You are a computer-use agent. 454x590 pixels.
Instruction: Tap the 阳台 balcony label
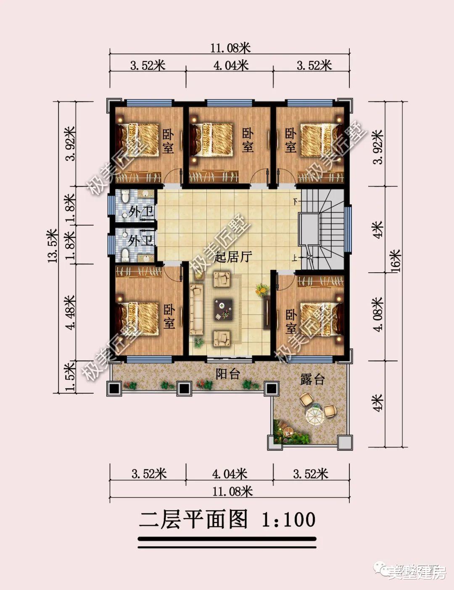(227, 374)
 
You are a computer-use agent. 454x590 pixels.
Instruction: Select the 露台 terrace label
(312, 379)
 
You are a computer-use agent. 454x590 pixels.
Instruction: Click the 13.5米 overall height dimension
(53, 245)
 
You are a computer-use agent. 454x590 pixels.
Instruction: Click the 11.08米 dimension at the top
(230, 48)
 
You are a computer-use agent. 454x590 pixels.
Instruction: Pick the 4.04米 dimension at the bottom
(229, 474)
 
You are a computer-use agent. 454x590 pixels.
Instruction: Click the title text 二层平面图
(194, 519)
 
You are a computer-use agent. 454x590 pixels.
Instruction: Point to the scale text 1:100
(288, 520)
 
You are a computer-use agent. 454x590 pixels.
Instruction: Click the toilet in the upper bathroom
(125, 197)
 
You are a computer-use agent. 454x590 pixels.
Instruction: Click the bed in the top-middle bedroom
(215, 138)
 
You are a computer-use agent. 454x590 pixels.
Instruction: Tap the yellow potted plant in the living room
(262, 289)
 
